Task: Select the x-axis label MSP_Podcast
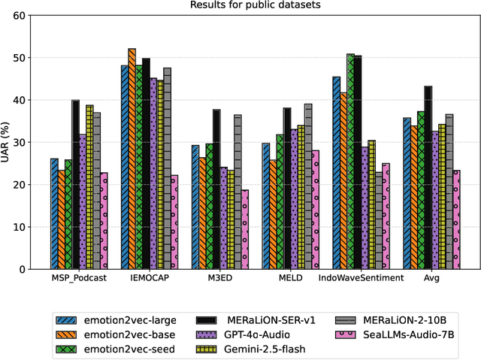(79, 278)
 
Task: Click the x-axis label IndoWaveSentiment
(362, 278)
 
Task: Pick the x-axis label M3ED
(220, 278)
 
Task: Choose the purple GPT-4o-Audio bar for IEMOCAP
(153, 174)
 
